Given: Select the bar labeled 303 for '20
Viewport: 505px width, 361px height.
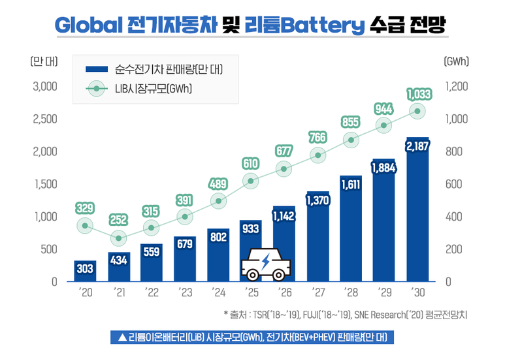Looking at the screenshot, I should (x=85, y=270).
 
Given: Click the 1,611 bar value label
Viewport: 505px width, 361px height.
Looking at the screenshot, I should (x=351, y=185).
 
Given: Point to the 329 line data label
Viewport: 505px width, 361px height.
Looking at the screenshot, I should (x=85, y=208).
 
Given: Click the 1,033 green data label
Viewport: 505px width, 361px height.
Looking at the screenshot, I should (x=418, y=95).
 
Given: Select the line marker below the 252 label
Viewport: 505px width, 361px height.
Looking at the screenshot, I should (x=118, y=238).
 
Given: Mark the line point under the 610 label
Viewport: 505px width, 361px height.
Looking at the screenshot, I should (x=251, y=181).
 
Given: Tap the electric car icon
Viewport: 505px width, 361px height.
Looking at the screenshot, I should (x=267, y=264).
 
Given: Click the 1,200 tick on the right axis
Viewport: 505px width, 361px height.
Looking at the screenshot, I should (x=458, y=86).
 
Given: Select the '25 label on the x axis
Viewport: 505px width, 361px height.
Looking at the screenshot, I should (x=251, y=293).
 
